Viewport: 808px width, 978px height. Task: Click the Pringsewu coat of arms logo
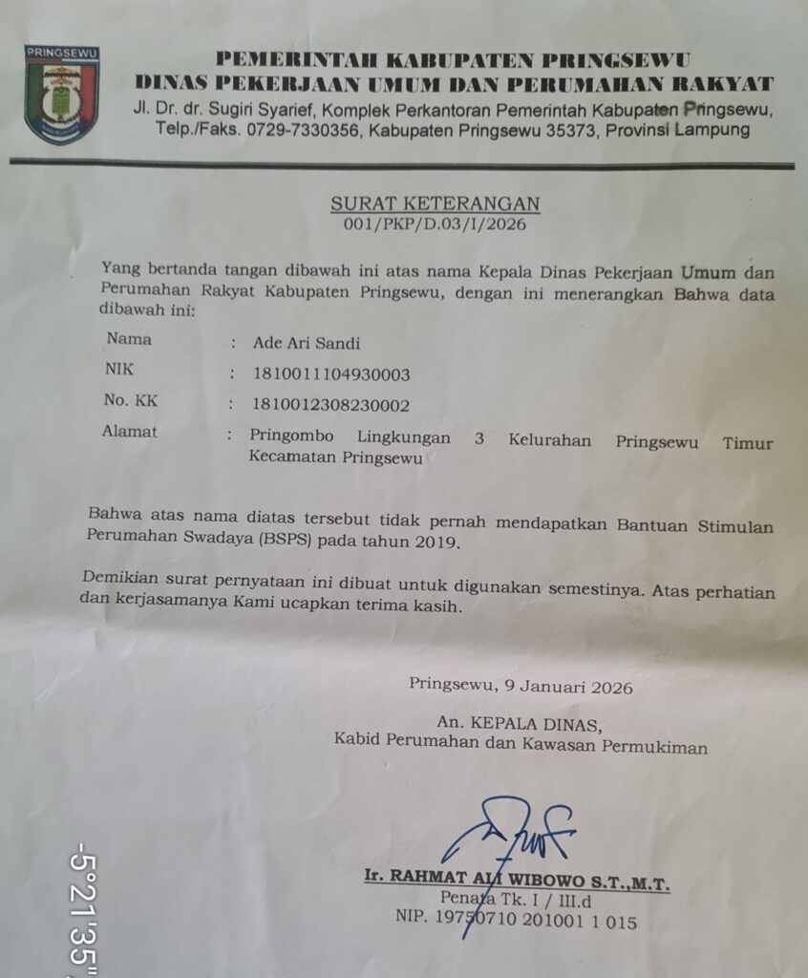click(61, 95)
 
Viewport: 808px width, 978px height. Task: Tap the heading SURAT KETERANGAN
click(435, 203)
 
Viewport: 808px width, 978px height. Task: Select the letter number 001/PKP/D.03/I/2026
click(435, 224)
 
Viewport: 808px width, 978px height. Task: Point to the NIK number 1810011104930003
click(330, 373)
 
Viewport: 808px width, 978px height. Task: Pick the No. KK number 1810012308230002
click(330, 405)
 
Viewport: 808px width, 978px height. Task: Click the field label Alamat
click(130, 432)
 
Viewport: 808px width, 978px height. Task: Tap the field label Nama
click(129, 338)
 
